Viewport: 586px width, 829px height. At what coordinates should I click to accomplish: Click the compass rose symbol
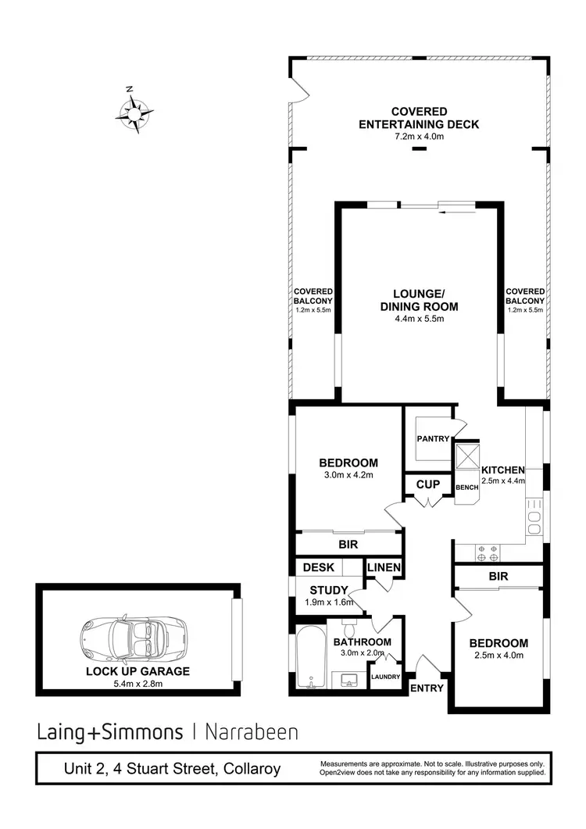[134, 114]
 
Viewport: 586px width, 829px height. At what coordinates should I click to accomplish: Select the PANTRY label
[433, 439]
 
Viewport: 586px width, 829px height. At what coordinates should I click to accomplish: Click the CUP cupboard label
[427, 485]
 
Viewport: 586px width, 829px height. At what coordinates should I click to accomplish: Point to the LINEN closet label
[384, 567]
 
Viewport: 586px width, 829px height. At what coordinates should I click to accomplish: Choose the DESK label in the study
[319, 567]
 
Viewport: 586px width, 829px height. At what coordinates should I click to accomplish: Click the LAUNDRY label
[386, 677]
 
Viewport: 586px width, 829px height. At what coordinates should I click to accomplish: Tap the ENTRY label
[427, 688]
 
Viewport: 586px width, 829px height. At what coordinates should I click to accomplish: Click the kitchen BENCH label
[467, 487]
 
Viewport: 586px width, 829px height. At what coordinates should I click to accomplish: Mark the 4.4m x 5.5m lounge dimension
[419, 319]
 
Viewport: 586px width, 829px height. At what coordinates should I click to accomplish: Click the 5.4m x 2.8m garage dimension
[138, 684]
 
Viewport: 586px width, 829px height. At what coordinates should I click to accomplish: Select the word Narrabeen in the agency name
[251, 732]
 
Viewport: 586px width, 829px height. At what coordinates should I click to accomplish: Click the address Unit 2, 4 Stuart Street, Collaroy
[172, 769]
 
